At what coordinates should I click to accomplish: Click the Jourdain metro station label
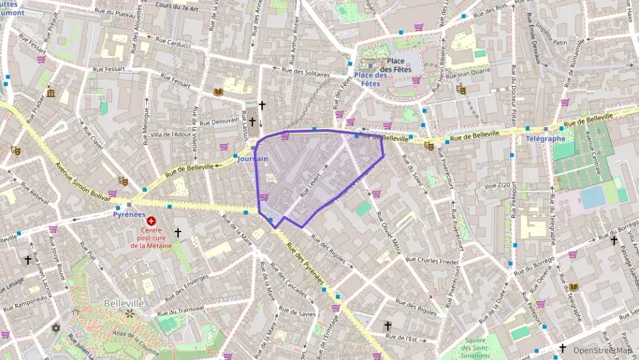253,158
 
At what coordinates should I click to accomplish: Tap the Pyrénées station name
129,214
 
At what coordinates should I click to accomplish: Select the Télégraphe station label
545,139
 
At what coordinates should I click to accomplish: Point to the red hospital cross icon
152,222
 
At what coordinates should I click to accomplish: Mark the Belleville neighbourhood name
124,303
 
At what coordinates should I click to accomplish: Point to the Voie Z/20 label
497,185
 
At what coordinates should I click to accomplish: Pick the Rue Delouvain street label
219,122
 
